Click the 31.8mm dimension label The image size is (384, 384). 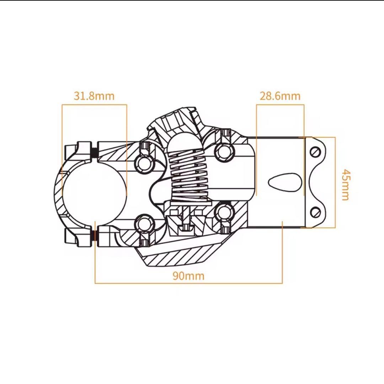coord(94,96)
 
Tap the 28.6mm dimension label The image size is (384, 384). coord(280,96)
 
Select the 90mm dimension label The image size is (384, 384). coord(188,276)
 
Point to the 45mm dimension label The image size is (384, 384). coord(346,185)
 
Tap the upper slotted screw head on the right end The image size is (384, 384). coord(315,152)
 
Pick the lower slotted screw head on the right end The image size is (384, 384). coord(315,212)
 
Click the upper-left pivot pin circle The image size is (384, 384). coord(145,164)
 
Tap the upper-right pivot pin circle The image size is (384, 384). coord(224,152)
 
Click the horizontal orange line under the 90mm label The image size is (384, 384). coord(188,283)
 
